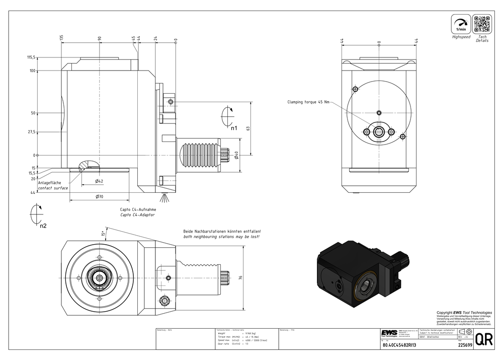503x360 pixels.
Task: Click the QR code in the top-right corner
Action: click(481, 24)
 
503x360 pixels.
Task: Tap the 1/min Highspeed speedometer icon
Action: click(461, 24)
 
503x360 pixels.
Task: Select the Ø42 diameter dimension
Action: click(99, 181)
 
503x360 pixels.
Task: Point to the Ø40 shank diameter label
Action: click(235, 156)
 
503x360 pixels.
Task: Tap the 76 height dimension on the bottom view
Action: click(241, 277)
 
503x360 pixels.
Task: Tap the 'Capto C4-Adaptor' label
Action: click(137, 215)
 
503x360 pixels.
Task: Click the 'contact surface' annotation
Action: click(53, 188)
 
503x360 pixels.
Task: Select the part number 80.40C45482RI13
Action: click(399, 345)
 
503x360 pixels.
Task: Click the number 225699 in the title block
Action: click(465, 345)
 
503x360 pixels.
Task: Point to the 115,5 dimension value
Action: click(31, 57)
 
